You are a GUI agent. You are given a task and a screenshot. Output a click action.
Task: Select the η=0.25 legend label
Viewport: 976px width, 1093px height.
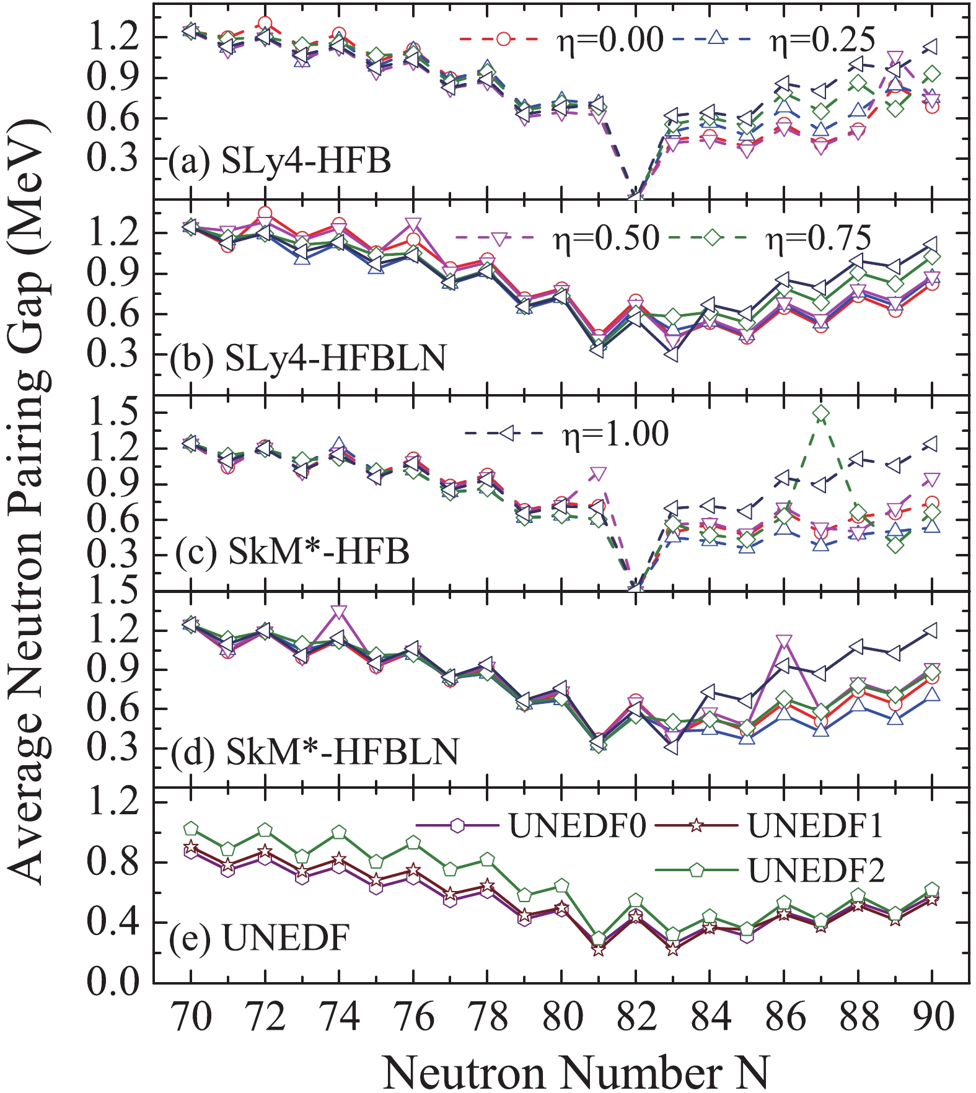[822, 40]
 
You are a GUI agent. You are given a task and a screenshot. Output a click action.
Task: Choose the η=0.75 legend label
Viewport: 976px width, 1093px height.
[819, 239]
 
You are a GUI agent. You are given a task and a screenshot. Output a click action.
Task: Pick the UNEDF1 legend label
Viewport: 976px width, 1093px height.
[816, 825]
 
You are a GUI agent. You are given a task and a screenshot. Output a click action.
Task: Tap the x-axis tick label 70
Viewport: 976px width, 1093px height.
[191, 1017]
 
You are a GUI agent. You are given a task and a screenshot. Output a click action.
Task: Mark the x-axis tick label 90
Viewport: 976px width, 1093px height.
[933, 1017]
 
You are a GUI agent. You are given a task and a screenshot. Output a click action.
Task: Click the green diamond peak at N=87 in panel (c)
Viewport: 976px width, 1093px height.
[821, 413]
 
